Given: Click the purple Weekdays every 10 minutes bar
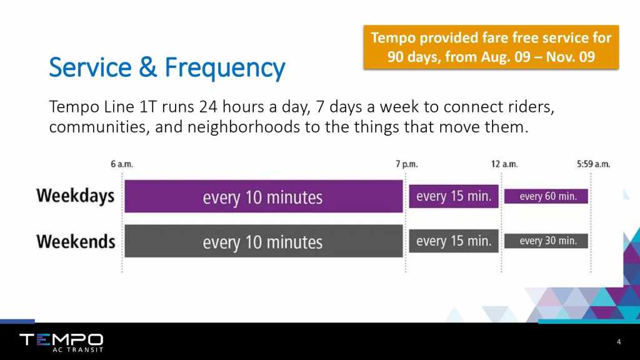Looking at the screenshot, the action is (264, 196).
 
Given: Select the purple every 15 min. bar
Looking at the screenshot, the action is (454, 196).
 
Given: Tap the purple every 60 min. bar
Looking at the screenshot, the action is (546, 196).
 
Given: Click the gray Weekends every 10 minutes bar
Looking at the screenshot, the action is (264, 241).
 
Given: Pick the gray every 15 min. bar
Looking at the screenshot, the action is (454, 241).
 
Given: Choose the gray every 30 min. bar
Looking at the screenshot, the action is (546, 241).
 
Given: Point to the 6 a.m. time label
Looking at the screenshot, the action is (122, 164).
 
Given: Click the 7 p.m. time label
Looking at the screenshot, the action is (406, 164).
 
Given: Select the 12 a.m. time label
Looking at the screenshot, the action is (504, 164).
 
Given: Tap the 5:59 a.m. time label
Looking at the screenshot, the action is (594, 164).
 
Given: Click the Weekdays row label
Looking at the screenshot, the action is (76, 196).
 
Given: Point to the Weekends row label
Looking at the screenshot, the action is (76, 241).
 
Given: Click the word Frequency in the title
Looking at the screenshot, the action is (225, 68).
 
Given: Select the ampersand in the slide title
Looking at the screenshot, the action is (147, 67).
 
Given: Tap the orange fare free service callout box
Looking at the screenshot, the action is (491, 47).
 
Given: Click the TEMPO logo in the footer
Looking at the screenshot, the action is (61, 339).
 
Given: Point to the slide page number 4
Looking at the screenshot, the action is (619, 342).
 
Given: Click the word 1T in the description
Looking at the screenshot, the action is (148, 107).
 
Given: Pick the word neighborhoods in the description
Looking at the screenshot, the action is (244, 127).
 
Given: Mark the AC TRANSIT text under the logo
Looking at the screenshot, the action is (78, 350).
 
